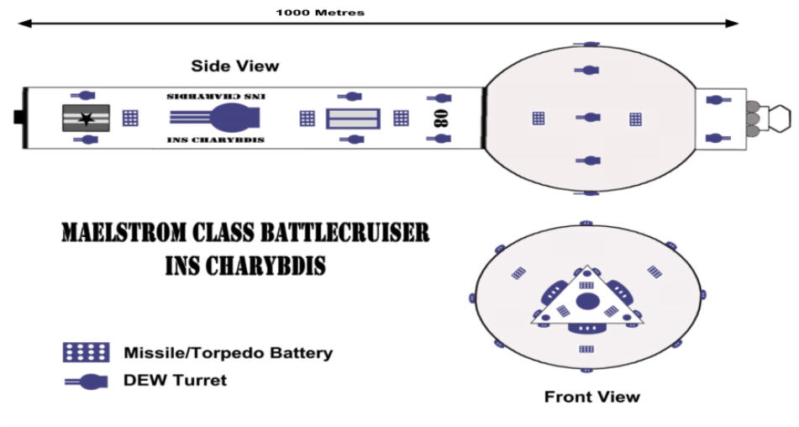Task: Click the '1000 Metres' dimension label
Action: pos(320,13)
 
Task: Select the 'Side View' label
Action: pos(235,66)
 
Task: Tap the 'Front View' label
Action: pos(591,397)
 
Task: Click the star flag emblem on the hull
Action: pos(86,119)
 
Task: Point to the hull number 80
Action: pos(441,119)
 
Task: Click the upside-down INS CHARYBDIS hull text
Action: pos(216,97)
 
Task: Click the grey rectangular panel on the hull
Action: pos(353,119)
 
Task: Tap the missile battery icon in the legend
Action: pos(86,352)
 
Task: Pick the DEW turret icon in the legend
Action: pos(86,382)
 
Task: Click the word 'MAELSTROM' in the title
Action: pos(125,232)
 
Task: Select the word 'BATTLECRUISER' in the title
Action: pos(345,232)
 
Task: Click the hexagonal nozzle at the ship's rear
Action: pos(779,119)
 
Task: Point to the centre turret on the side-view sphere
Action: pos(589,118)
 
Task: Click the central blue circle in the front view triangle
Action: pos(587,301)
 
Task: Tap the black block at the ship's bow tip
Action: pos(18,117)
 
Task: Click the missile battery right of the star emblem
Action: pos(130,119)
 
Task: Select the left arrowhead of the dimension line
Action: pos(24,24)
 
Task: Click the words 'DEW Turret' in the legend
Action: pos(175,380)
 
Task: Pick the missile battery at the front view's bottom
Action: pos(586,349)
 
